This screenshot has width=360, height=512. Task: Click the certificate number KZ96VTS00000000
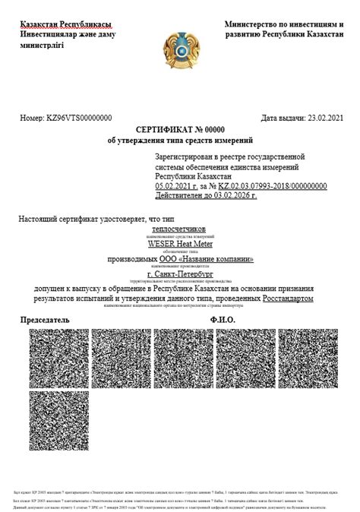80,119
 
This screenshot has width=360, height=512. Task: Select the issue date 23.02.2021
325,119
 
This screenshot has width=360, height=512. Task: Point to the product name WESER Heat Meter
180,245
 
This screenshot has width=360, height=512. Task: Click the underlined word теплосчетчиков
180,228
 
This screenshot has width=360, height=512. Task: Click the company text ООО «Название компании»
201,259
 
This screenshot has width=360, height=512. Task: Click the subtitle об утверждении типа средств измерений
180,141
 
